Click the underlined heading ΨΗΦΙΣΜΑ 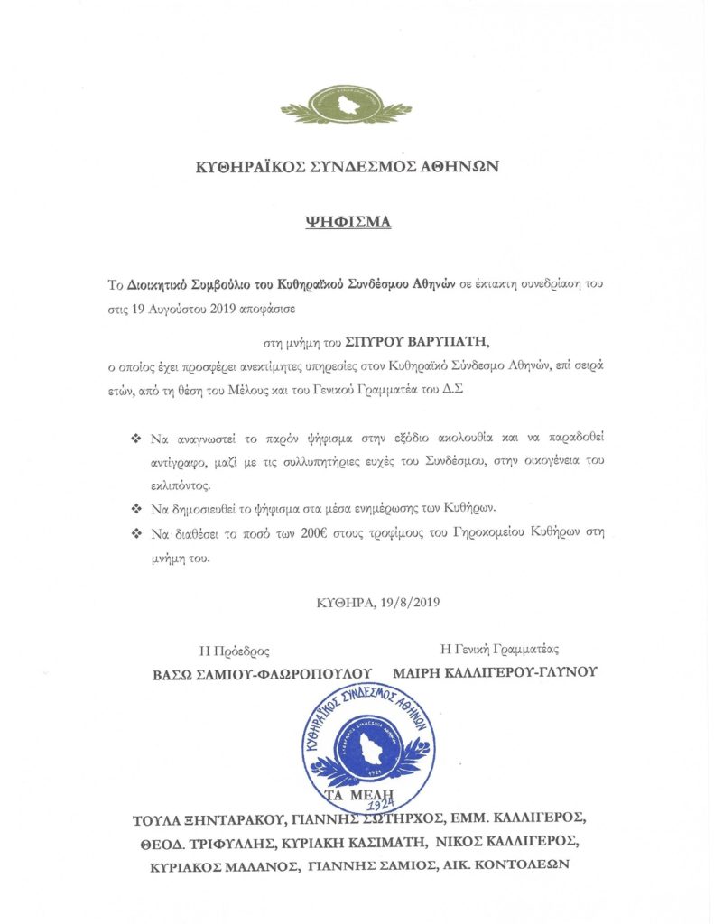click(x=347, y=222)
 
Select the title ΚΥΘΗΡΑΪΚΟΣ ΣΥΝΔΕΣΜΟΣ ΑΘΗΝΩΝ click(x=347, y=167)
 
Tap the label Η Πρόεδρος click(x=235, y=650)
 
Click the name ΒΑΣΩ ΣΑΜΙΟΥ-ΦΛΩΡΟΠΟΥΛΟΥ click(x=262, y=673)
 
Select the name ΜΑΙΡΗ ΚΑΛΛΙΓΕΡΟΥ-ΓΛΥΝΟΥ click(x=495, y=672)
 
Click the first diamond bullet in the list click(x=136, y=438)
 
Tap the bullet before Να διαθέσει click(x=136, y=533)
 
